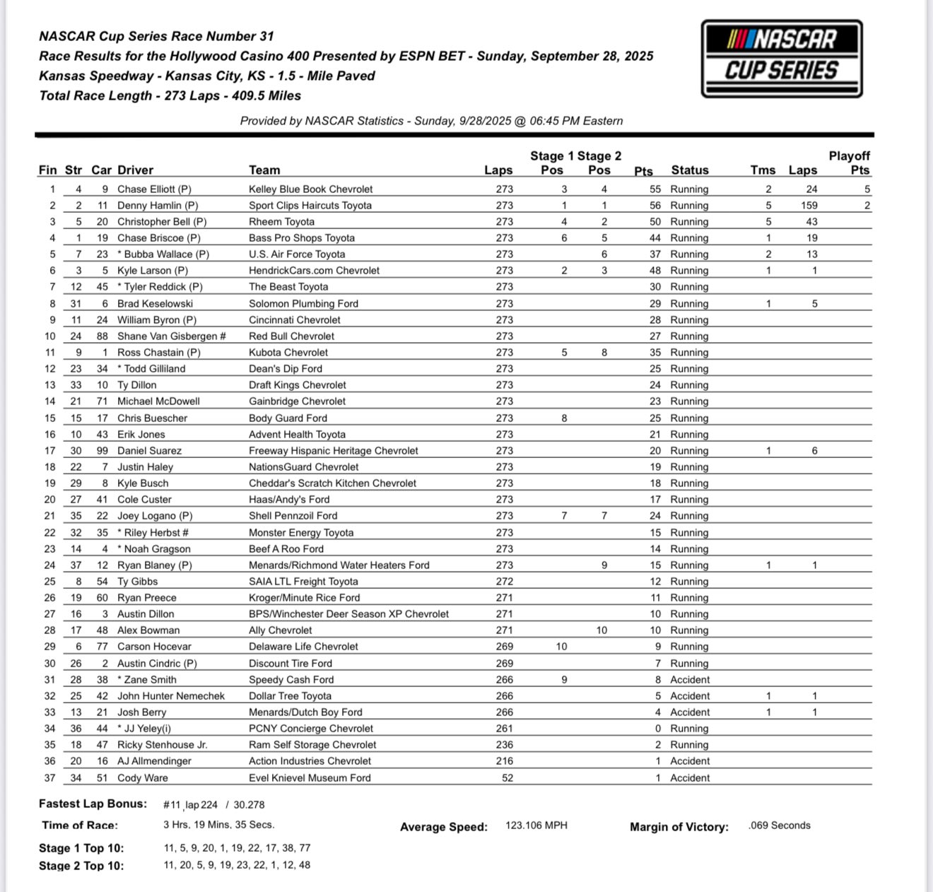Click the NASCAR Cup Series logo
pos(782,59)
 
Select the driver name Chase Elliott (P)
pos(154,189)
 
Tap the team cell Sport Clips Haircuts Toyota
pos(310,206)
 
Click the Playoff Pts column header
pos(850,163)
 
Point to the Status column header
pos(689,170)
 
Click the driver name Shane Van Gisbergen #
pos(171,336)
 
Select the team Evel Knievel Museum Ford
pos(310,778)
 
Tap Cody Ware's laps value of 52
pos(507,778)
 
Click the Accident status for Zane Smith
pos(689,680)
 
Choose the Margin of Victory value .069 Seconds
pos(779,826)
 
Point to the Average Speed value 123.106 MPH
pos(536,826)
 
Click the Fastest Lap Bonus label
pos(93,804)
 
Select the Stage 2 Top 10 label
pos(81,866)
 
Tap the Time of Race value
pos(218,825)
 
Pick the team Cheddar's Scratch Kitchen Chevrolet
pos(332,483)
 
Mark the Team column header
pos(264,170)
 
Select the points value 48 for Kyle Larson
pos(655,271)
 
